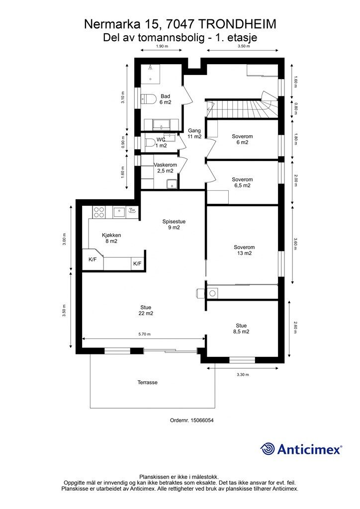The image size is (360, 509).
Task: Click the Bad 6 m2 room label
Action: [x=165, y=99]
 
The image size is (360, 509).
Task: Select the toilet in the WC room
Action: [x=149, y=143]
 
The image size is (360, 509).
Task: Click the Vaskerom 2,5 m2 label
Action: [x=165, y=168]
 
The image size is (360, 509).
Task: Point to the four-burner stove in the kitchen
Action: [x=98, y=212]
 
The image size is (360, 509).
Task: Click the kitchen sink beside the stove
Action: [x=119, y=213]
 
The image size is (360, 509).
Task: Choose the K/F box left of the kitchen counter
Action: [x=92, y=259]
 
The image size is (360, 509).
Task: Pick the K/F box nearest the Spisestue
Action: [x=137, y=263]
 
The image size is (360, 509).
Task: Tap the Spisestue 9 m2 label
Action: [x=174, y=225]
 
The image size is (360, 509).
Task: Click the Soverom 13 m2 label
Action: [x=244, y=251]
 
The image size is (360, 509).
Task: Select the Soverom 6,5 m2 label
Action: [x=242, y=182]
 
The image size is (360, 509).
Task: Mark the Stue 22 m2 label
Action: [x=146, y=310]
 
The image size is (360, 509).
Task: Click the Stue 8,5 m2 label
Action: [x=241, y=329]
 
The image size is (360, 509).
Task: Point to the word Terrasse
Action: [x=147, y=382]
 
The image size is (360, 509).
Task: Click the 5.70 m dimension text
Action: [x=144, y=334]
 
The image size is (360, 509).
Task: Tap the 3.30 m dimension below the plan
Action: [x=243, y=374]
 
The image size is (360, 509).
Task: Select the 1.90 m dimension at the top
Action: [x=162, y=46]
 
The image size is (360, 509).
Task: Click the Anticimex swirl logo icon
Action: [x=267, y=449]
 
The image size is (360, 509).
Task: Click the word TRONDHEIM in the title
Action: [x=237, y=24]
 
